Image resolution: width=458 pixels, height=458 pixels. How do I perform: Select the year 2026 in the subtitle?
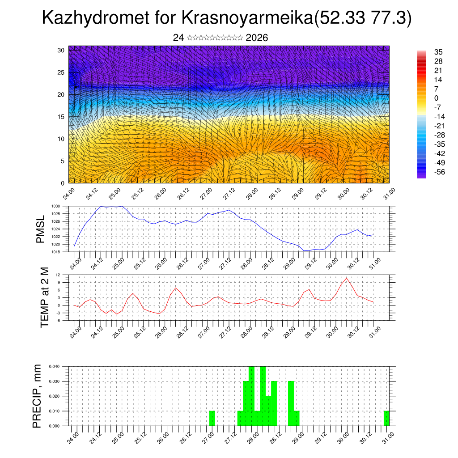tap(257, 38)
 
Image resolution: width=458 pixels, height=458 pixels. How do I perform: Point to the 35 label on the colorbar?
tap(438, 52)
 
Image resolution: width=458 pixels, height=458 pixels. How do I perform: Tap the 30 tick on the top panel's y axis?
tap(60, 50)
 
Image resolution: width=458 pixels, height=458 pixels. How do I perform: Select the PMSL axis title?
tap(41, 229)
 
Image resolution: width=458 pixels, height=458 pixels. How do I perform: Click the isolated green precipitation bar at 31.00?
tap(386, 418)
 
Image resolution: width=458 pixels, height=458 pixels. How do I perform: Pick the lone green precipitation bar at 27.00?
tap(212, 418)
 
